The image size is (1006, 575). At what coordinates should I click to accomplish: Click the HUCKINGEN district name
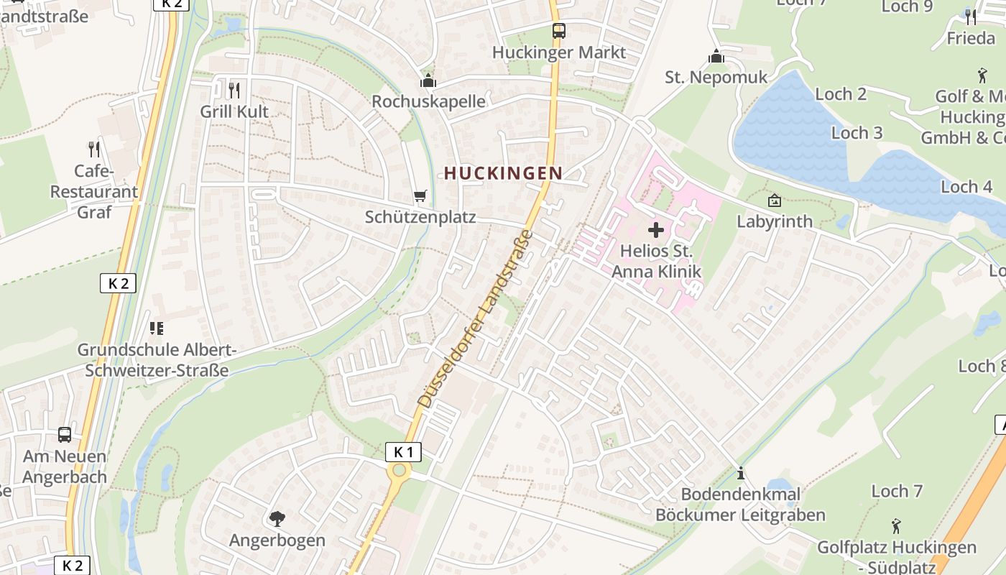click(503, 173)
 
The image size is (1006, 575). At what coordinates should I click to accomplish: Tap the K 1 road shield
click(403, 452)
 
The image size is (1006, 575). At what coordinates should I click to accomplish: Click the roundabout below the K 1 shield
click(398, 471)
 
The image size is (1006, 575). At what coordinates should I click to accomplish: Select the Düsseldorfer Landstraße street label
click(476, 319)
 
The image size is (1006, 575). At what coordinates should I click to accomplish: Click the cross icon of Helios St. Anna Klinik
click(655, 230)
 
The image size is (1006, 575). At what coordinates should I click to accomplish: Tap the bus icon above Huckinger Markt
click(558, 31)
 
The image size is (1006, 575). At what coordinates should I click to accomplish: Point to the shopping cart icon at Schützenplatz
click(420, 195)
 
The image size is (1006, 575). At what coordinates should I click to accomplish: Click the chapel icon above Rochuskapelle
click(428, 80)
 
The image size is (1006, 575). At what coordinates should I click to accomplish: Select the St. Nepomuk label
click(716, 77)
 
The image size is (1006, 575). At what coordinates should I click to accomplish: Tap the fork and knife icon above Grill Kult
click(234, 90)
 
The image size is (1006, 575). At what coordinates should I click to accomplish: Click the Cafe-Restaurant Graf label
click(94, 192)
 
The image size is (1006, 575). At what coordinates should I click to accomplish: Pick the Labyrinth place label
click(775, 221)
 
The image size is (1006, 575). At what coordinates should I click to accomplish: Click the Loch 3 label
click(857, 133)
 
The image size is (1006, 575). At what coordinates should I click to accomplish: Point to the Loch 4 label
click(966, 187)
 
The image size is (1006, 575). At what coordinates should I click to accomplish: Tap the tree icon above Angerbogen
click(277, 518)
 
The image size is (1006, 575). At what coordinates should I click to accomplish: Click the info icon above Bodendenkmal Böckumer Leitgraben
click(740, 474)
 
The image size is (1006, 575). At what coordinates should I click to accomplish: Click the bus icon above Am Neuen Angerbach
click(65, 435)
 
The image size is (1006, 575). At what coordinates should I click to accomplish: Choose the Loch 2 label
click(841, 94)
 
